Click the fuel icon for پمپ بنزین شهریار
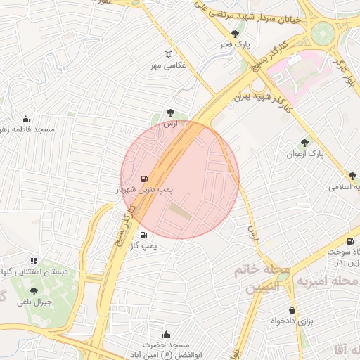coord(144,179)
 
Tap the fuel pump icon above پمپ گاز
coord(144,236)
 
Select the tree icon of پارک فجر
coord(235,33)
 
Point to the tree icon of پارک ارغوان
coord(304,143)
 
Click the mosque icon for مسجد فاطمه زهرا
coord(26,119)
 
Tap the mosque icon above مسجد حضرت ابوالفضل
coord(166,334)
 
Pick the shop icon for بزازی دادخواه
coord(292,310)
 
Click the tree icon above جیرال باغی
coord(34,291)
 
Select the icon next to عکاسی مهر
coord(167,54)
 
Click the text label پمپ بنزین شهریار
coord(144,190)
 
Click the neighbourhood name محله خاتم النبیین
coord(262,278)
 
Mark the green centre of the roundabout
coord(323,33)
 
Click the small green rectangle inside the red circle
coord(179,210)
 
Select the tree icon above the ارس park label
coord(170,112)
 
